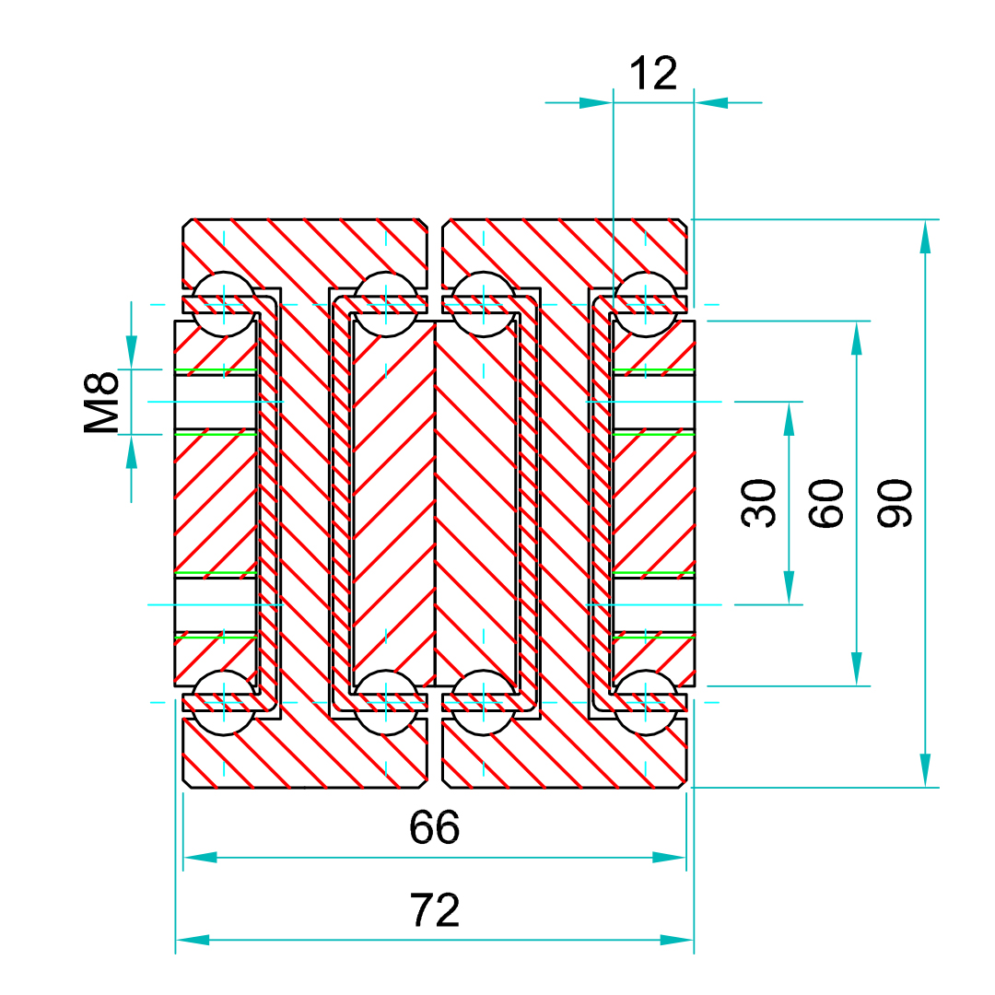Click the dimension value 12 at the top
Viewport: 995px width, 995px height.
(653, 74)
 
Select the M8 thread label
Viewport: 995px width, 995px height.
(103, 403)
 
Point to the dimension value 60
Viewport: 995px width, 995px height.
(827, 503)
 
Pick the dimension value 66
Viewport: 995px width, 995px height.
(434, 828)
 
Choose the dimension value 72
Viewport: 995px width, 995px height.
(434, 911)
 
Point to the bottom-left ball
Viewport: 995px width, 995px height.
(224, 702)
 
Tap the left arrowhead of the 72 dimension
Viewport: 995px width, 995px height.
(193, 940)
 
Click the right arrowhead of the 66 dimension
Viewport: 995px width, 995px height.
(670, 858)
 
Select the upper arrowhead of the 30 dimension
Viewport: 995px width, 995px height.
(789, 418)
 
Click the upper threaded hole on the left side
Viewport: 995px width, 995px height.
(216, 402)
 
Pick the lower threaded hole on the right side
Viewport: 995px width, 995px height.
(653, 604)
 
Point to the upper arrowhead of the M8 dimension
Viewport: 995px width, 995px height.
(132, 352)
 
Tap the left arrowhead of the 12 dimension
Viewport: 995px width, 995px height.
(595, 102)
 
